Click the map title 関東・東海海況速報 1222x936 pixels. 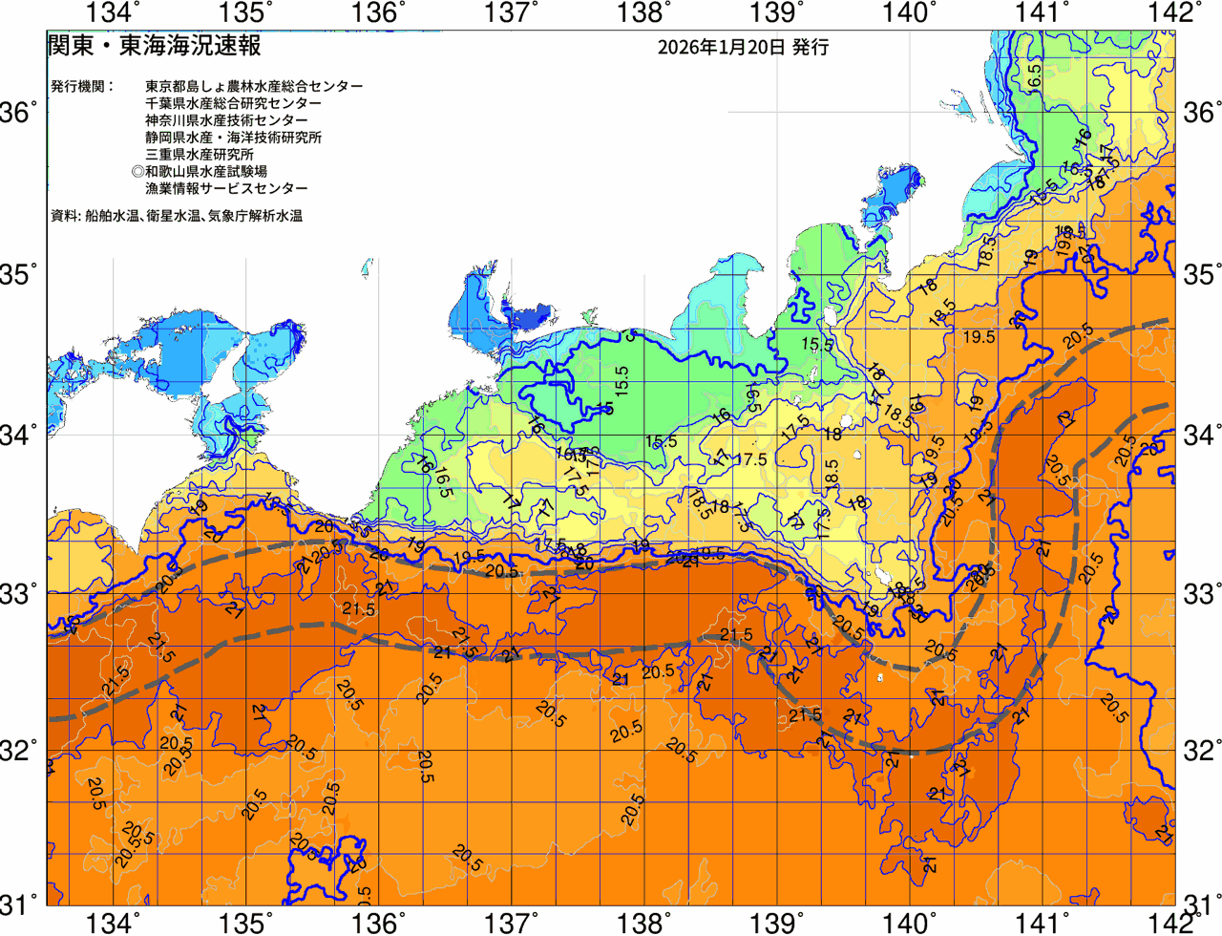click(x=154, y=46)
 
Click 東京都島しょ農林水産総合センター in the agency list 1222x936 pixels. click(x=254, y=86)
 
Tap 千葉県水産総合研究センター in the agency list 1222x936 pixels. click(x=233, y=103)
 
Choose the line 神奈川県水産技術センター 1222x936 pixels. click(x=226, y=120)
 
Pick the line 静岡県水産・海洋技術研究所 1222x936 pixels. click(x=233, y=138)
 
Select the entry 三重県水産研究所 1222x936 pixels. click(x=200, y=155)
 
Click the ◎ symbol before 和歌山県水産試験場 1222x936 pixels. click(x=137, y=172)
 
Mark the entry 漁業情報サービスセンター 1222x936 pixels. click(x=226, y=189)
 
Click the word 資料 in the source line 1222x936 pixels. click(x=64, y=217)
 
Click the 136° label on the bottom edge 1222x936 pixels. click(x=379, y=923)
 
